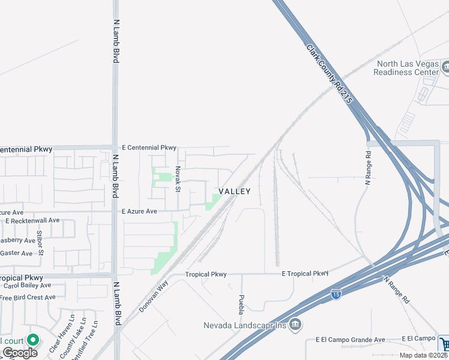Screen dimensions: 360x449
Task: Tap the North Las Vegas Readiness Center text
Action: pos(406,68)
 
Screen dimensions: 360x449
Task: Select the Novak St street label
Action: pos(178,179)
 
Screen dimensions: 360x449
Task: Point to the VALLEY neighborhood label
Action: pos(234,191)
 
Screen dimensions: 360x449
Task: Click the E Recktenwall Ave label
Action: pos(32,221)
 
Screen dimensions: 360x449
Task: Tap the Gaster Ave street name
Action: pos(16,253)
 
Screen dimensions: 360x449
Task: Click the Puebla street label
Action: pos(241,305)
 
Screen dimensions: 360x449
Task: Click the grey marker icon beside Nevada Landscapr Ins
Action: pos(295,325)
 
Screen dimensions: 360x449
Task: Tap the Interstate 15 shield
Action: pos(336,294)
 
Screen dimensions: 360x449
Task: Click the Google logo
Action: pos(20,352)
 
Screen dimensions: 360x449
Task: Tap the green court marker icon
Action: pos(33,340)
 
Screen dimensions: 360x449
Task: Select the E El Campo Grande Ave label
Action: pos(351,340)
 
